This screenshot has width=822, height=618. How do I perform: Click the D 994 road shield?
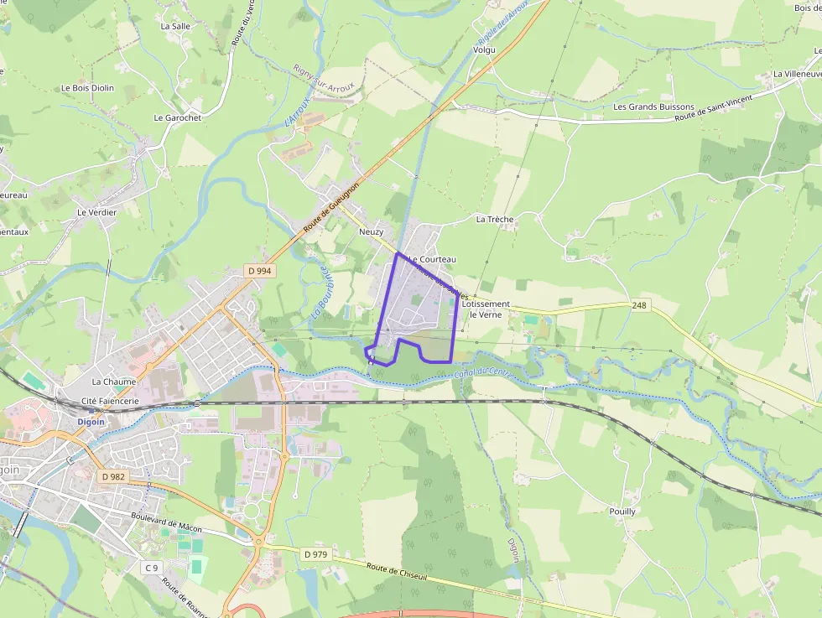260,271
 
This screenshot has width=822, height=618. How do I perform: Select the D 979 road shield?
315,554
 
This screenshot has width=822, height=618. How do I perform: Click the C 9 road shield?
151,568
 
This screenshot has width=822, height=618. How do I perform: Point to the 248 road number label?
640,306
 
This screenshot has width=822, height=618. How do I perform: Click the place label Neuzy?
371,231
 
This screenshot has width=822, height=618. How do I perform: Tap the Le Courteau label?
433,260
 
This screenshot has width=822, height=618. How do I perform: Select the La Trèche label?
494,219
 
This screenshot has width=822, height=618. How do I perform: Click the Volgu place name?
484,49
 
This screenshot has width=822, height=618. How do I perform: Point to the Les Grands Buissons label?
653,107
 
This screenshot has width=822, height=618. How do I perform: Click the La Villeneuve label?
797,74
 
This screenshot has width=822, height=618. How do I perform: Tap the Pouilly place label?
622,511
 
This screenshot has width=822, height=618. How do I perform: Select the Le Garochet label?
178,118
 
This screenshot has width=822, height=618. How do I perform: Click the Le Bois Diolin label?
87,87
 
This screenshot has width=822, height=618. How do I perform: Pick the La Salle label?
175,26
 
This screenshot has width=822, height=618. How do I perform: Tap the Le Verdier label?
96,212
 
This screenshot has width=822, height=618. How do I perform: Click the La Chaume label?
114,382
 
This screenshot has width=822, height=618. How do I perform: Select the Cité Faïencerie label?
111,402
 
